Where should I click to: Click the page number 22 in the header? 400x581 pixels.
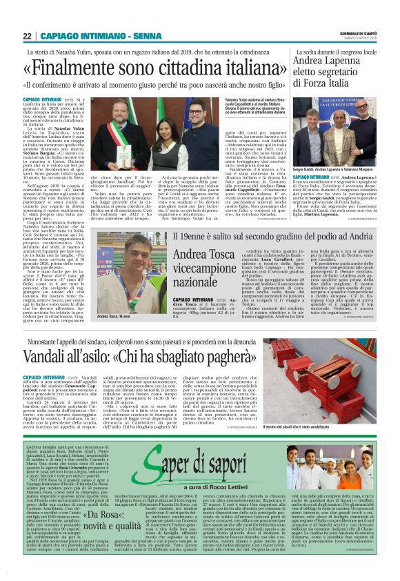click(x=27, y=37)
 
